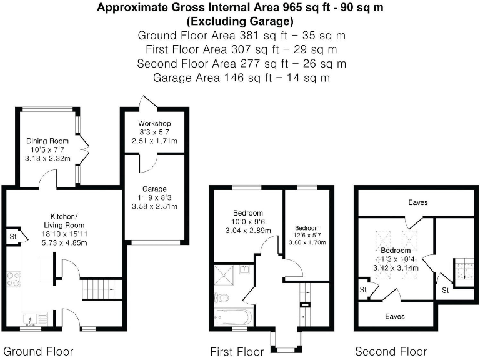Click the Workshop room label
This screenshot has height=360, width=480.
[x=154, y=123]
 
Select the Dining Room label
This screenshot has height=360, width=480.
[x=47, y=141]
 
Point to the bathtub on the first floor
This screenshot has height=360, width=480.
[x=232, y=317]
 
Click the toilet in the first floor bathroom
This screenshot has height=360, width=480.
[x=222, y=297]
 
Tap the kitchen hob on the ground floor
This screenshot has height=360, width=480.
[x=13, y=279]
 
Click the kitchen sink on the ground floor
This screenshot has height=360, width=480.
[x=29, y=319]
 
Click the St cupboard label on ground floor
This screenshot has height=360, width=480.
[x=12, y=237]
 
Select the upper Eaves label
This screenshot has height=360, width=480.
[x=418, y=202]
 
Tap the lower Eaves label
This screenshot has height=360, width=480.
[x=394, y=316]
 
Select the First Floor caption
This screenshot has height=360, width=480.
[x=237, y=351]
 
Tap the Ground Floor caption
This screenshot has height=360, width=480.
[x=39, y=351]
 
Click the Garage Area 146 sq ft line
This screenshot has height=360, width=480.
[x=241, y=78]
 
